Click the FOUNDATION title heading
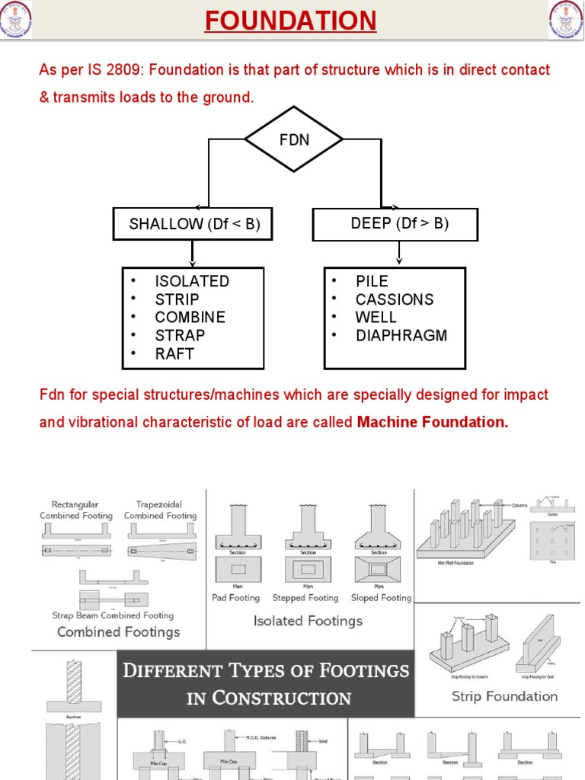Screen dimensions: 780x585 (x=290, y=21)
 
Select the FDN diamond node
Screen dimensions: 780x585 (x=294, y=139)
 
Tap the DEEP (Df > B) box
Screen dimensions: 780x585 (x=395, y=223)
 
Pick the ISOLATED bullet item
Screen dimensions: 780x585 (x=192, y=281)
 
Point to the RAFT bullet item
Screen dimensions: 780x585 (x=174, y=353)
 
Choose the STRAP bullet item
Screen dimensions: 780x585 (x=180, y=335)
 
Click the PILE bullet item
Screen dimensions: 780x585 (x=372, y=281)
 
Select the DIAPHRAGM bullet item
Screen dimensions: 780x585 (x=401, y=335)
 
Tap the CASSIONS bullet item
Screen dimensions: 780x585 (x=394, y=299)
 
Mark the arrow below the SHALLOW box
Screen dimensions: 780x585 (x=192, y=254)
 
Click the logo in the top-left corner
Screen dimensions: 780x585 (x=18, y=19)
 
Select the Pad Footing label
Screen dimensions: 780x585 (x=235, y=598)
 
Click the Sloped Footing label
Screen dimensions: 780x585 (x=381, y=598)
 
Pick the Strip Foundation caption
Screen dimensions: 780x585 (x=504, y=695)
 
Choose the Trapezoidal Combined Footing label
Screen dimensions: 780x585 (x=160, y=510)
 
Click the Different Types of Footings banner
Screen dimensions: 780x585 (x=266, y=683)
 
